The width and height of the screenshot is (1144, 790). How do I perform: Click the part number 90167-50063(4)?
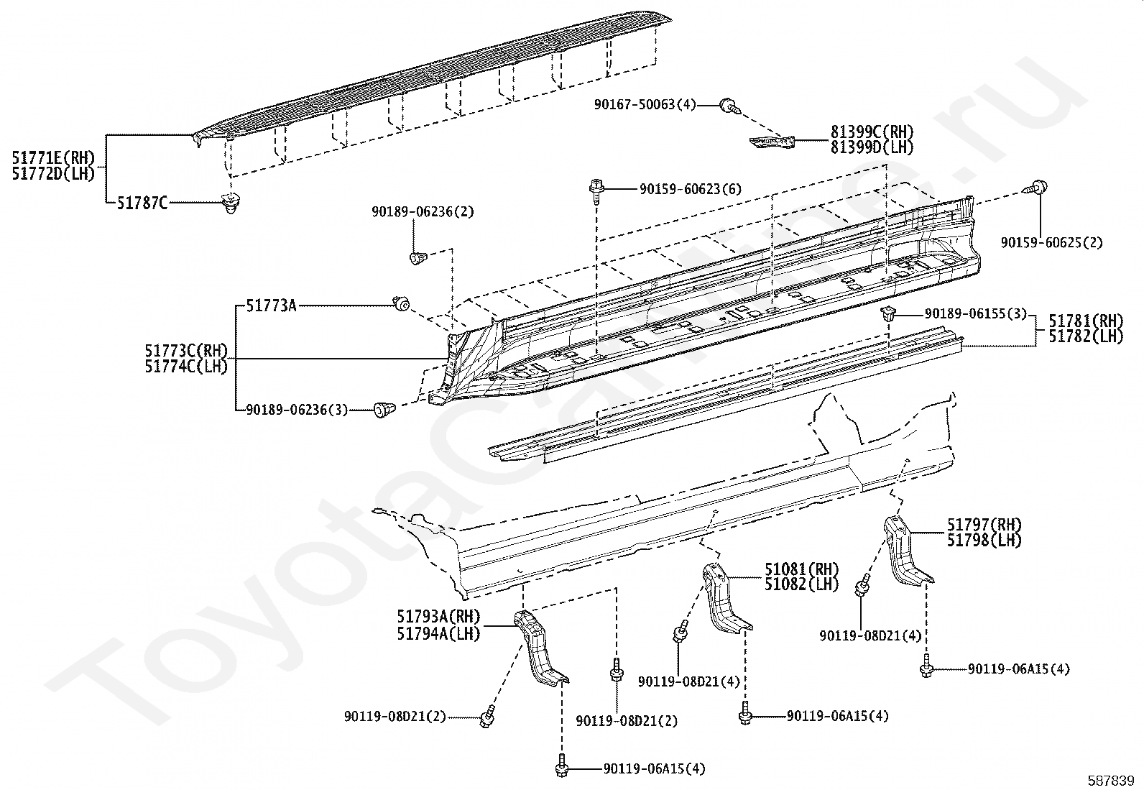(x=645, y=105)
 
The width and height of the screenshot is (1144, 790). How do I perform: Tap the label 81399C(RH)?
(x=872, y=132)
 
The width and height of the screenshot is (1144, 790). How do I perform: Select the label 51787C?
(x=142, y=203)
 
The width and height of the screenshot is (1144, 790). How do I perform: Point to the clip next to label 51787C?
(x=232, y=203)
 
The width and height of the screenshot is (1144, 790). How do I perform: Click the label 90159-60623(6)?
(x=691, y=189)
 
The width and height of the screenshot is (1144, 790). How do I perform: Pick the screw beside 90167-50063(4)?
(x=731, y=107)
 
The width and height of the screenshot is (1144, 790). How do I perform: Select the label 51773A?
(x=271, y=306)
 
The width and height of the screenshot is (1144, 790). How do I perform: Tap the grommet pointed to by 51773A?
(x=402, y=304)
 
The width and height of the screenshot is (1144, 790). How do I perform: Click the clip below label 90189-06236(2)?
(x=418, y=257)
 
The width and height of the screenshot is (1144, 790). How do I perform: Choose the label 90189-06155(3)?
(x=975, y=313)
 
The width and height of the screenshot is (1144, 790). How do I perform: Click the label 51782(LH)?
(x=1087, y=336)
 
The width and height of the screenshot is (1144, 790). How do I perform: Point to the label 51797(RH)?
(x=984, y=525)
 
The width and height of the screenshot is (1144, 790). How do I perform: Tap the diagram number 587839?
(x=1110, y=780)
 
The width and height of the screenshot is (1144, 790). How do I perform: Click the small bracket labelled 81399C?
(x=772, y=142)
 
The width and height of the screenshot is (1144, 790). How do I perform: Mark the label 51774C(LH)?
(x=186, y=367)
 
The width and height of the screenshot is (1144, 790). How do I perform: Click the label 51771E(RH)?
(x=54, y=158)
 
